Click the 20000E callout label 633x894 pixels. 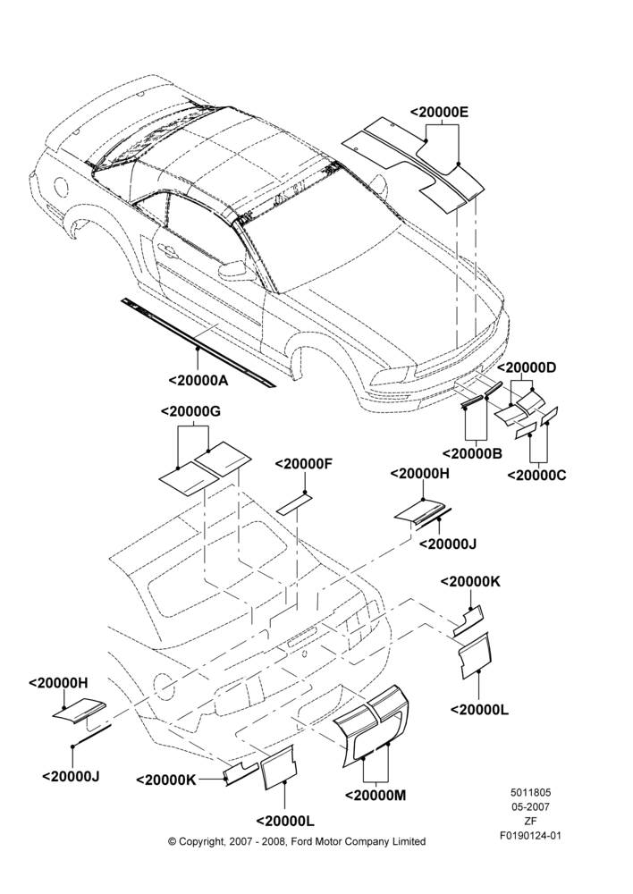pos(439,113)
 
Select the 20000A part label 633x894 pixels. pos(198,380)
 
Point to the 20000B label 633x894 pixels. pos(473,453)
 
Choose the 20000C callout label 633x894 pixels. pos(536,475)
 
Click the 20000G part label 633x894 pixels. pos(190,411)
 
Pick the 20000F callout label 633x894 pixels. pos(303,464)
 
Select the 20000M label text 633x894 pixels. pos(376,795)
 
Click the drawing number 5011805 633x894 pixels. pos(530,792)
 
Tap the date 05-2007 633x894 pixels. pos(530,806)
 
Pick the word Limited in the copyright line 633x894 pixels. pos(409,841)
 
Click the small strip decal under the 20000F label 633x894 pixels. pos(295,504)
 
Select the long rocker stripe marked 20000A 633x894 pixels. pos(198,342)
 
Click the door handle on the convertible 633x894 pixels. pos(168,249)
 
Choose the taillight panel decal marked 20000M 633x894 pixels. pos(371,724)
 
